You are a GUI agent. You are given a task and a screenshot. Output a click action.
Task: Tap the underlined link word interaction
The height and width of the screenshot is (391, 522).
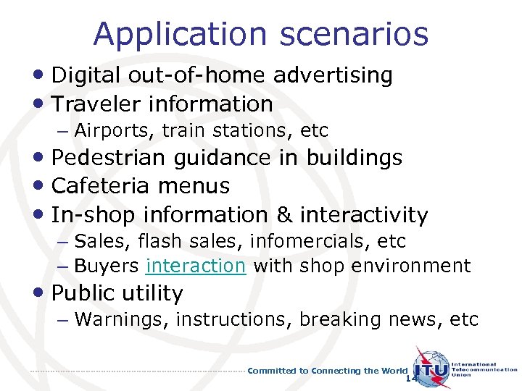196,266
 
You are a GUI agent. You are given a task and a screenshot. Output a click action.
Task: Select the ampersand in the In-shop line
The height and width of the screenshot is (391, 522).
285,215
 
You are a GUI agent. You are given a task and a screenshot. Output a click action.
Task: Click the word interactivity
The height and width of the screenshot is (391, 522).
364,215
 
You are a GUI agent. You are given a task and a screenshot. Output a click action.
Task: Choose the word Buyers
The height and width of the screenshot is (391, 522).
107,266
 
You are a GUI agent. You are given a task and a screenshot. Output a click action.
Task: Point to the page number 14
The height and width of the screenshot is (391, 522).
411,379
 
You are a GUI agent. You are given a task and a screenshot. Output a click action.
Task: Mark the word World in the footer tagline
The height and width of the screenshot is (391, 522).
394,371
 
